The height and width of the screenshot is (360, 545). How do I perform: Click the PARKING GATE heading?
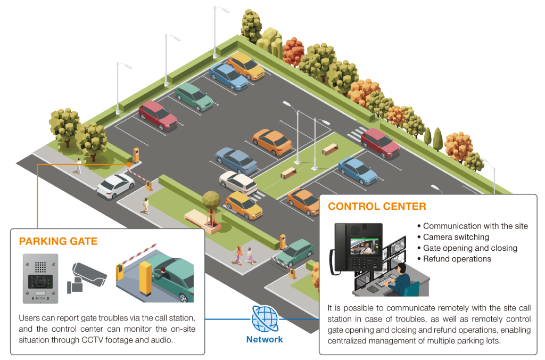click(58, 241)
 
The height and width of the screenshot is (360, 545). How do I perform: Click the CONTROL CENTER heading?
click(377, 206)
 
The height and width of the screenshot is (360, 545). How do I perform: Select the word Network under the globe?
click(265, 339)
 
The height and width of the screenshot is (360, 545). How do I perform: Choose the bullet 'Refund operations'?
click(457, 259)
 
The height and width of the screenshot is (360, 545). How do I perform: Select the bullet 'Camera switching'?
click(456, 237)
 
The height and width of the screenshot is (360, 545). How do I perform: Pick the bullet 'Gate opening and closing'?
click(469, 248)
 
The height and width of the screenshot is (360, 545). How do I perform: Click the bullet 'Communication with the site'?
click(475, 226)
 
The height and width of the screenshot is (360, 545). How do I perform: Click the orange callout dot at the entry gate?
click(129, 165)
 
